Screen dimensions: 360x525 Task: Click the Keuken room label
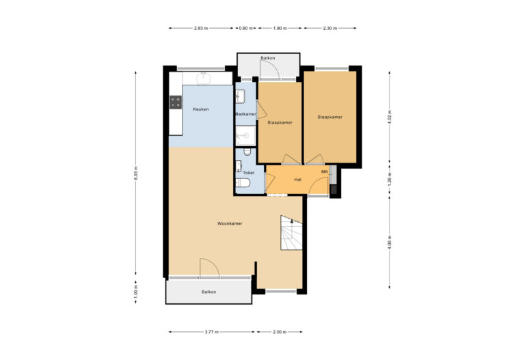[200, 109]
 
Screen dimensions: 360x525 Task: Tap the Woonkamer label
[230, 223]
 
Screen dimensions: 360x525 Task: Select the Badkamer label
[245, 114]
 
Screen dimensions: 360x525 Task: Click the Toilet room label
[248, 173]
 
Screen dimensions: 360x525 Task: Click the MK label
[325, 171]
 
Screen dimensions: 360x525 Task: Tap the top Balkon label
[268, 59]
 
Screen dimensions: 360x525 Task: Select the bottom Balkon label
[208, 292]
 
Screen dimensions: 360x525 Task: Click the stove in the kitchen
[176, 102]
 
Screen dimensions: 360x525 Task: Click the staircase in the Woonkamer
[291, 234]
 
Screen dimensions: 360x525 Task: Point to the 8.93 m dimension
[136, 174]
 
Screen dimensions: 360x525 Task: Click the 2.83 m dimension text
[201, 28]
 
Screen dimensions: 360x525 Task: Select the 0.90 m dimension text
[245, 28]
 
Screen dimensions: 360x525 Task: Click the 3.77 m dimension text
[212, 332]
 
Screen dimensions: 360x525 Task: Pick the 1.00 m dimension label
[136, 292]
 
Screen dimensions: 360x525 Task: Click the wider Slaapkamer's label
[329, 117]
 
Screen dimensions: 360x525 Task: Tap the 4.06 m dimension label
[389, 243]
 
